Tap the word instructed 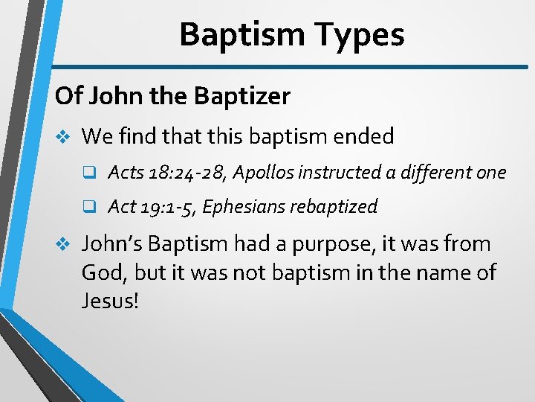click(343, 173)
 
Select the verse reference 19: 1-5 click(166, 206)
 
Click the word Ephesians click(243, 206)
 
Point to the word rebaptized click(334, 206)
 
